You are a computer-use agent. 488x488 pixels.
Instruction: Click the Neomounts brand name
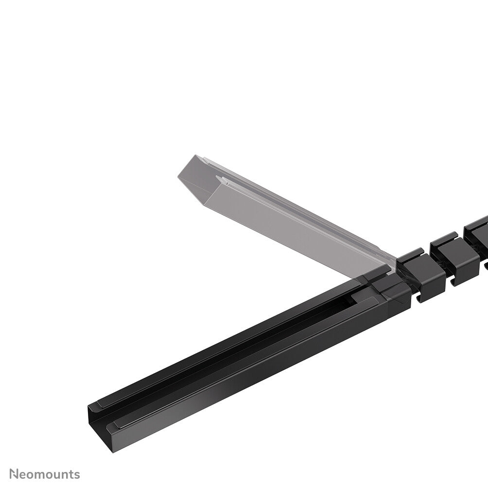pos(45,473)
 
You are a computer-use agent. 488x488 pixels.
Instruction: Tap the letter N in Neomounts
pos(15,473)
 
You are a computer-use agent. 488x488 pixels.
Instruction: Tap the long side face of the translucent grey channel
pos(292,228)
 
